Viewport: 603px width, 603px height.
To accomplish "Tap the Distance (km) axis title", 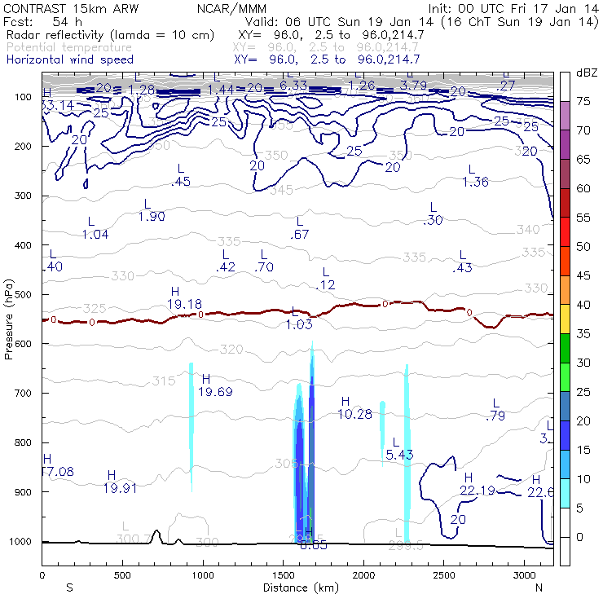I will (x=297, y=588).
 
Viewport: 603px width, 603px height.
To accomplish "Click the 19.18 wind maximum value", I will (x=184, y=304).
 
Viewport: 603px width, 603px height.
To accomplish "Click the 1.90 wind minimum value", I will (x=152, y=216).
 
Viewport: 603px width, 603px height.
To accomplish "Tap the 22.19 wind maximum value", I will (x=478, y=490).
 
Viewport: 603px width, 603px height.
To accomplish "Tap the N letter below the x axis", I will (x=539, y=588).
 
